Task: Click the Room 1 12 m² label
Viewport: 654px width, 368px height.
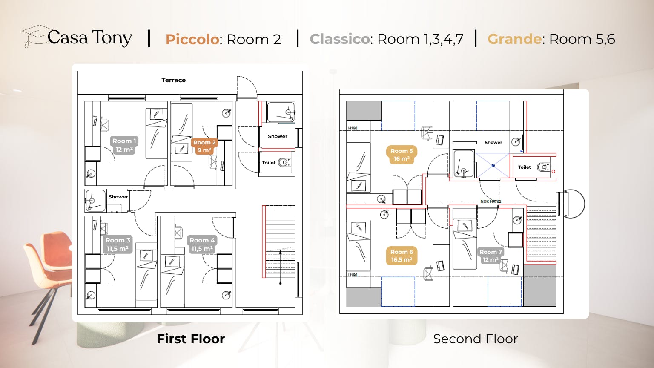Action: tap(124, 145)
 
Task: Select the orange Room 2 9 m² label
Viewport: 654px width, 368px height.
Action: tap(204, 146)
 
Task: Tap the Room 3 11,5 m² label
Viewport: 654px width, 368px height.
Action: tap(118, 244)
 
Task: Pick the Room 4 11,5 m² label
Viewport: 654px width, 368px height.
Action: tap(202, 244)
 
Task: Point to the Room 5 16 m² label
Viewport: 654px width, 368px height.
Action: tap(402, 155)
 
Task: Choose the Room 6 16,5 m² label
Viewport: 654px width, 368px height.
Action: tap(402, 256)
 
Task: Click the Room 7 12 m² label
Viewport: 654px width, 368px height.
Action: tap(490, 256)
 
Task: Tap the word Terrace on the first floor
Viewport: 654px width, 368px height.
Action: tap(173, 80)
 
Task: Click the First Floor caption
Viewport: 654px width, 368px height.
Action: tap(190, 339)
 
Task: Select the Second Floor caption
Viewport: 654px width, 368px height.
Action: tap(475, 339)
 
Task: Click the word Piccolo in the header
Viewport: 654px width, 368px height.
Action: tap(192, 39)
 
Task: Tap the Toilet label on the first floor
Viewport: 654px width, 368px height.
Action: tap(269, 163)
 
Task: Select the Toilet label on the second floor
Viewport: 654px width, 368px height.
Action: tap(525, 167)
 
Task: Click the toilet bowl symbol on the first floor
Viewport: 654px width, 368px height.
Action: tap(284, 162)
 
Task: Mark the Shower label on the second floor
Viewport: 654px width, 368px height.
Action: tap(493, 143)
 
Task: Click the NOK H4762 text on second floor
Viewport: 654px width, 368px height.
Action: tap(490, 201)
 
